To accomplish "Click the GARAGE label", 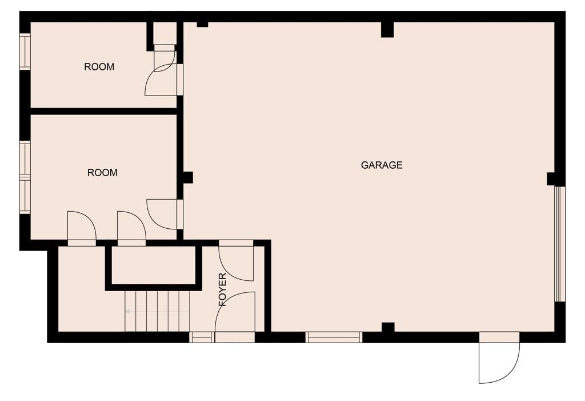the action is (381, 165).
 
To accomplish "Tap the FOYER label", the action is (223, 289).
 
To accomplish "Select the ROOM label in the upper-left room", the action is (99, 67).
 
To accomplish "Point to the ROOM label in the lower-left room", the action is (102, 173).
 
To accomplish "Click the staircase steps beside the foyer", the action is (158, 311).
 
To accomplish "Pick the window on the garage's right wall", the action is (560, 244).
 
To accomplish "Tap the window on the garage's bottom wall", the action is (334, 337).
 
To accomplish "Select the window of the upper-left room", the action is (25, 51).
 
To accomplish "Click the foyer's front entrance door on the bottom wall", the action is (235, 317).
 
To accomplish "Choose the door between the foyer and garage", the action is (236, 260).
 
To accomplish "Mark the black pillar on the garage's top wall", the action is (387, 30).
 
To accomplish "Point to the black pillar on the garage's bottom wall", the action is (388, 327).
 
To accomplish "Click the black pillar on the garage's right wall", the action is (551, 179).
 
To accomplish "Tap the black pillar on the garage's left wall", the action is (187, 177).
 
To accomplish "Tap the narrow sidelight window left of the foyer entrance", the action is (202, 337).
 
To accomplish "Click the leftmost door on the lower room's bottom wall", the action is (82, 229).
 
